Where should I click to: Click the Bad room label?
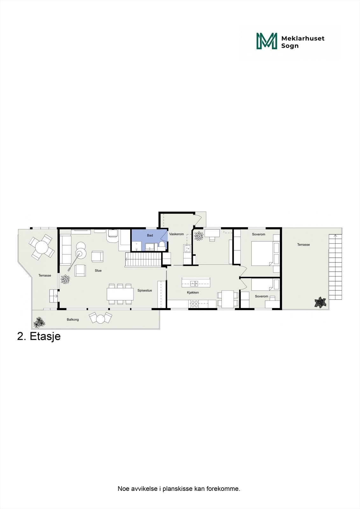[150, 235]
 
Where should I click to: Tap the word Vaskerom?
[176, 234]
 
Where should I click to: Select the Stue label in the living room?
[98, 271]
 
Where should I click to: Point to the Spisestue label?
[145, 290]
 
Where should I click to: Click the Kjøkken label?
[193, 293]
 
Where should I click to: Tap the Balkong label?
[73, 319]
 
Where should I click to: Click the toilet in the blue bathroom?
[162, 245]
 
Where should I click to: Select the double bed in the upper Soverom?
[262, 254]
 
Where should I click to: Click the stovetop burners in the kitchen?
[194, 304]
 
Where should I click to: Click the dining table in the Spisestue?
[120, 294]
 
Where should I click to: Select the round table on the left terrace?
[41, 246]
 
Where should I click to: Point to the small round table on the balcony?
[101, 318]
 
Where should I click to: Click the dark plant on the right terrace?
[320, 302]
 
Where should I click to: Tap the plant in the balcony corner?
[39, 322]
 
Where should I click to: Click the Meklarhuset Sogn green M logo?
[267, 41]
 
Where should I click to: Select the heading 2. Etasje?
[39, 336]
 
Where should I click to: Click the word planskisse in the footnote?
[178, 489]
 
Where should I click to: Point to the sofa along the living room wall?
[65, 250]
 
